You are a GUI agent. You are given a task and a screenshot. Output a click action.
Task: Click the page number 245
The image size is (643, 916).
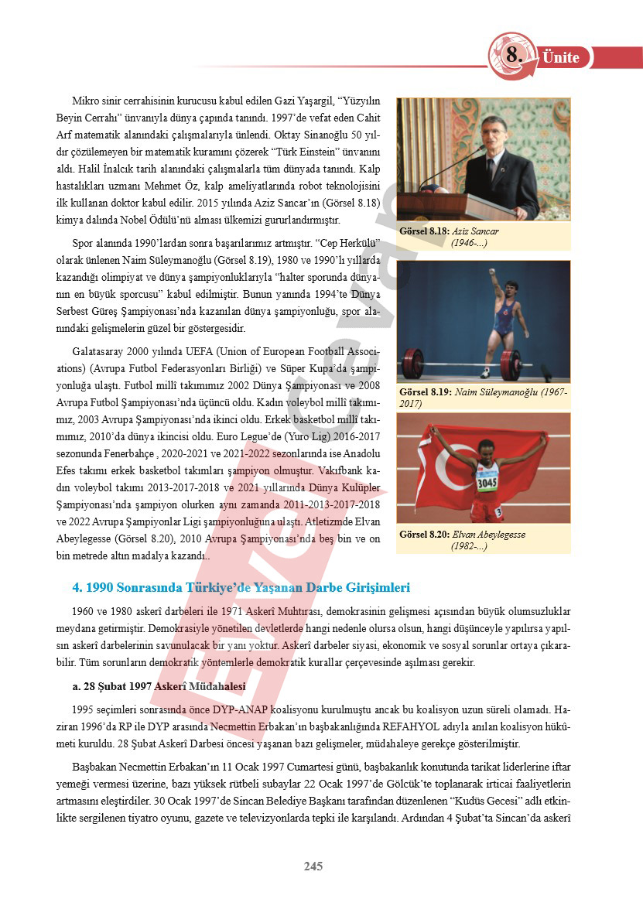(313, 866)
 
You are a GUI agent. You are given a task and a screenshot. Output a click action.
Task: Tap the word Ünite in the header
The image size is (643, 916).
(561, 57)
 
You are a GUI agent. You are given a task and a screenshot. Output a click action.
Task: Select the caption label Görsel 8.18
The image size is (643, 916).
(423, 231)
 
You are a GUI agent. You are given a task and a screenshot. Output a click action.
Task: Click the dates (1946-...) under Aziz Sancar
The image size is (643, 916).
(469, 243)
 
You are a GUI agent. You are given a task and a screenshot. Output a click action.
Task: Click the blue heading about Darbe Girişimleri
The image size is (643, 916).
(241, 587)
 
